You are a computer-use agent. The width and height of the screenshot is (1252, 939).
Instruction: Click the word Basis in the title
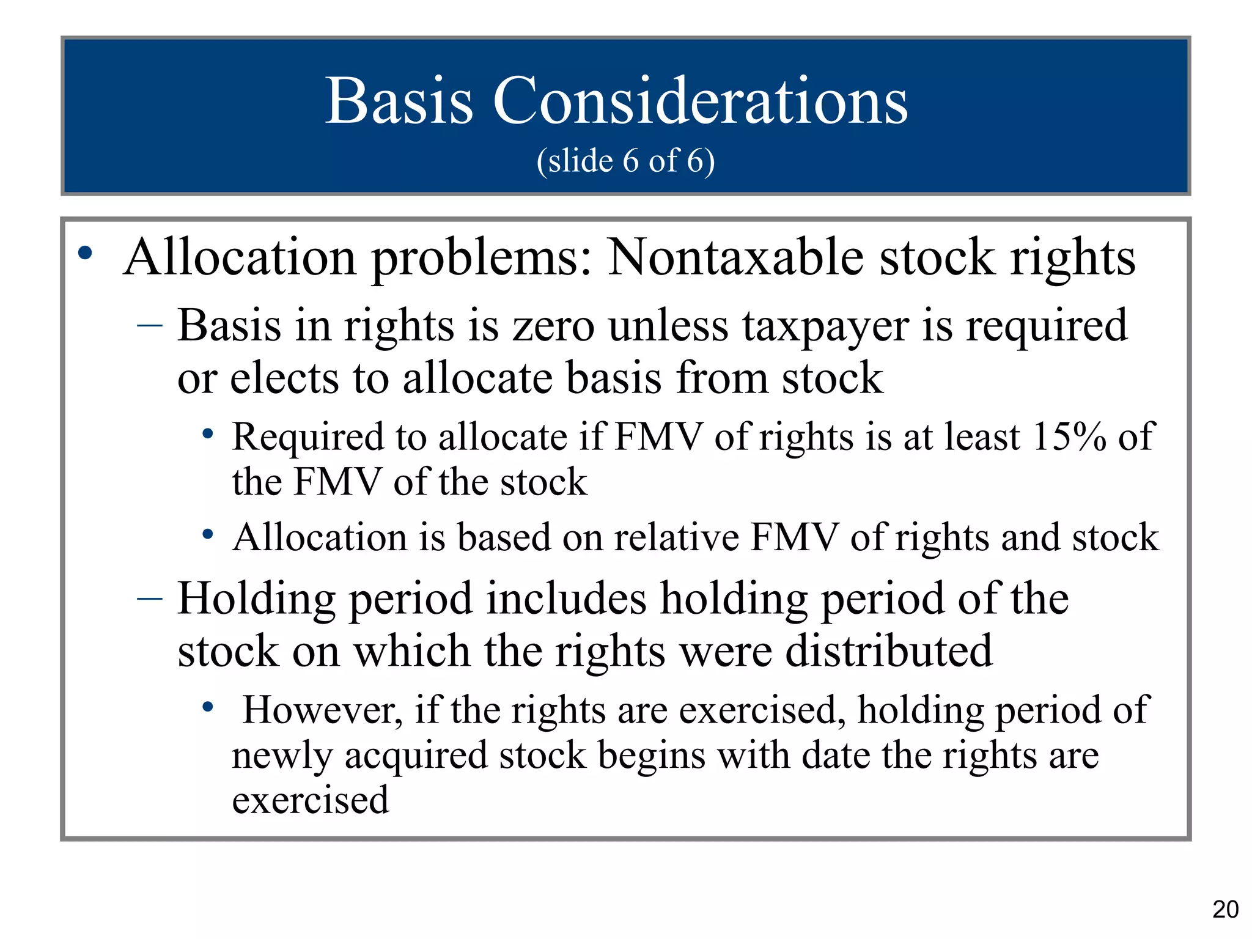click(399, 101)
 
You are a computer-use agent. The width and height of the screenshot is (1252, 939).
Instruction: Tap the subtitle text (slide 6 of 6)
click(625, 161)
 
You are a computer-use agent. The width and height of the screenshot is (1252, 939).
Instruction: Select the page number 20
click(1225, 910)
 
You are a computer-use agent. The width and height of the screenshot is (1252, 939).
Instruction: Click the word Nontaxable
click(735, 257)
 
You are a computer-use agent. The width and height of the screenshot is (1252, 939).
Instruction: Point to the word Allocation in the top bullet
click(240, 257)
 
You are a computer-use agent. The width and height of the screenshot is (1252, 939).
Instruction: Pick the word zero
click(553, 326)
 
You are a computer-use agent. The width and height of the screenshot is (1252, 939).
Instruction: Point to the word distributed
click(889, 651)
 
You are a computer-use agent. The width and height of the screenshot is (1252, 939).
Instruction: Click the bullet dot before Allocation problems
click(86, 253)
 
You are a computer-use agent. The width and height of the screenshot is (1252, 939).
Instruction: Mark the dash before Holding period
click(150, 598)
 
